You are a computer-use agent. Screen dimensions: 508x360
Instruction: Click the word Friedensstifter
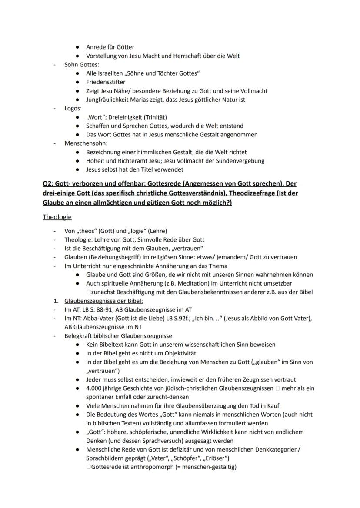coord(106,82)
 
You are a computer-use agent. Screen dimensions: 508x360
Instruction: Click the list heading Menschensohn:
coord(86,143)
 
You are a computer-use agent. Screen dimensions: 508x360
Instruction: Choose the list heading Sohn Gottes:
coord(82,64)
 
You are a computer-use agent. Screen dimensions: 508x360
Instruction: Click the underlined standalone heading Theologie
coord(57,216)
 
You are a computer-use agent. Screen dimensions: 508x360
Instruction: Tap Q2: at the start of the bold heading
coord(48,183)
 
